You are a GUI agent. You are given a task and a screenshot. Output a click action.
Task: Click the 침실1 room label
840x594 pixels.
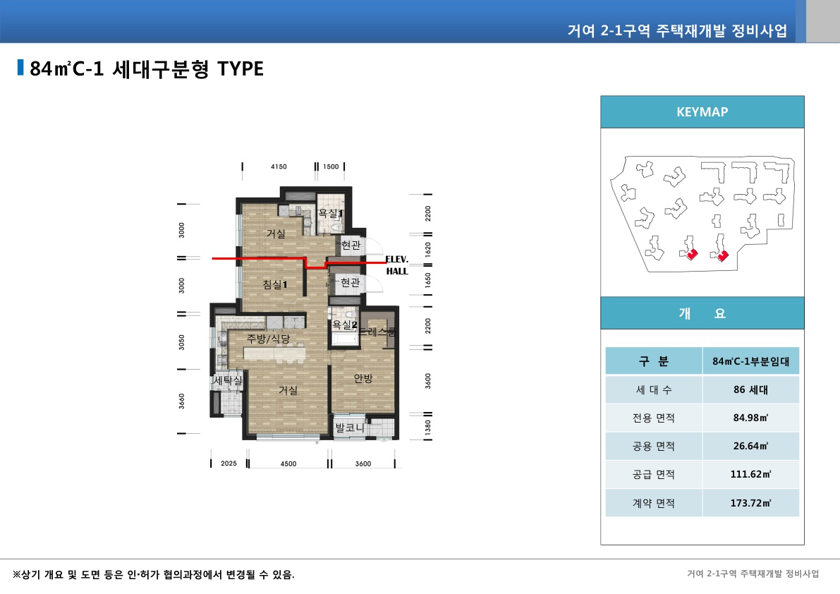pos(274,284)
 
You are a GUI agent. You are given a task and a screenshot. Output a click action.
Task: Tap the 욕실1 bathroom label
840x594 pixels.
pos(330,212)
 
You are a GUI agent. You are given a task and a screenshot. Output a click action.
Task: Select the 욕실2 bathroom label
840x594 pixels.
pos(345,325)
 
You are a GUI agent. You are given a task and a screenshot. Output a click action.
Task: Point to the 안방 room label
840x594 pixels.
pos(363,379)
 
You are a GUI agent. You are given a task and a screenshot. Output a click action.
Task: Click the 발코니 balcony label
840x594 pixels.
pos(349,428)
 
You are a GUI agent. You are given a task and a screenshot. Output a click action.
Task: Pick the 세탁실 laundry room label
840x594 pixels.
pos(227,381)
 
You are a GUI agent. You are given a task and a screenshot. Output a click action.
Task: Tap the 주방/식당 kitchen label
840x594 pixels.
pos(268,339)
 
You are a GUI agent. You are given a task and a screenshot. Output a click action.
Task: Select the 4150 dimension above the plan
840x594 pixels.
pos(279,167)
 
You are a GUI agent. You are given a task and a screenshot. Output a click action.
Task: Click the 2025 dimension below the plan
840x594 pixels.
pos(229,463)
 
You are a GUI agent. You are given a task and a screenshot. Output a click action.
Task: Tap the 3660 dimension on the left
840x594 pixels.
pos(182,401)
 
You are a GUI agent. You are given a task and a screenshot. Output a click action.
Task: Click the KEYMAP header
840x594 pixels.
pos(702,111)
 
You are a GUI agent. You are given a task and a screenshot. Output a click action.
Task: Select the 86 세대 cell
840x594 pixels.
pos(750,389)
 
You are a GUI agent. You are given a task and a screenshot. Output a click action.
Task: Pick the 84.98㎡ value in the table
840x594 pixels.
pos(750,418)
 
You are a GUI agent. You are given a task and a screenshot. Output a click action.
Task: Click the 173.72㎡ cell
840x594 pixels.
pos(750,503)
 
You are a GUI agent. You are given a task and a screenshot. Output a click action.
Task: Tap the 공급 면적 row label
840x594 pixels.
pos(654,475)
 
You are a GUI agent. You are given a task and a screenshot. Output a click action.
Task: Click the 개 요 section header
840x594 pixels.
pos(702,314)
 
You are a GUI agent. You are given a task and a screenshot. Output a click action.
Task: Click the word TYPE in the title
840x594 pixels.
pos(240,68)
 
